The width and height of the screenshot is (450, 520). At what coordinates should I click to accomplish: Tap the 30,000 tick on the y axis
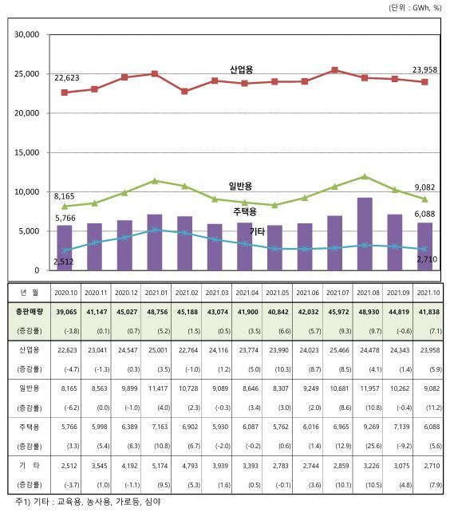(x=26, y=35)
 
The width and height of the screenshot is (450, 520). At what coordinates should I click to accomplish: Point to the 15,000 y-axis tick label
(x=26, y=152)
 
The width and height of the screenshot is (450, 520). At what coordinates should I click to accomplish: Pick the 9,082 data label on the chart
(x=426, y=188)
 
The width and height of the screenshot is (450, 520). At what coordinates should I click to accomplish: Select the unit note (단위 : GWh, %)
(x=415, y=7)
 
